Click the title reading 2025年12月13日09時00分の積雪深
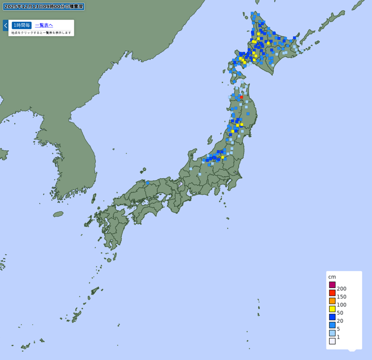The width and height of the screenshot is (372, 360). pos(44,7)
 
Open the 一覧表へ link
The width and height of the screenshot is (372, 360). pos(44,25)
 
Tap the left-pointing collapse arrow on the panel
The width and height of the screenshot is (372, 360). pos(6,25)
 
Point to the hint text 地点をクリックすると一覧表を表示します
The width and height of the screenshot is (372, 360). pos(41,33)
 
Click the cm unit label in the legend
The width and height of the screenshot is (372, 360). pos(332,277)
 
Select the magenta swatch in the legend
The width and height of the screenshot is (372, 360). pos(332,285)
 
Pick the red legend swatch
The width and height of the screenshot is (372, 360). pos(332,293)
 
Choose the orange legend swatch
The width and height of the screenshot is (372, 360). pos(332,301)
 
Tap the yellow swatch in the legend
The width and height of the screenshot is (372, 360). pos(332,309)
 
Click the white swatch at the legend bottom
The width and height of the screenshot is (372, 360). pos(332,341)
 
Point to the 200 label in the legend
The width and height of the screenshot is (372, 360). pos(342,289)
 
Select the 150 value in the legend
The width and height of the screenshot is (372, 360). pos(342,297)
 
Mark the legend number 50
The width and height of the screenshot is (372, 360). pos(340,313)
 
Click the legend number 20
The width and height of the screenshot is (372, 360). pos(340,321)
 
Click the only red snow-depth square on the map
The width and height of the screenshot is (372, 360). pos(242,97)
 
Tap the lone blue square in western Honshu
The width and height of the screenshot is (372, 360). pos(147,183)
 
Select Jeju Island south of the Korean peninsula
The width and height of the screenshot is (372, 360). pos(58,214)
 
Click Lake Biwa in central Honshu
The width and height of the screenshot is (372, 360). pos(180,185)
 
